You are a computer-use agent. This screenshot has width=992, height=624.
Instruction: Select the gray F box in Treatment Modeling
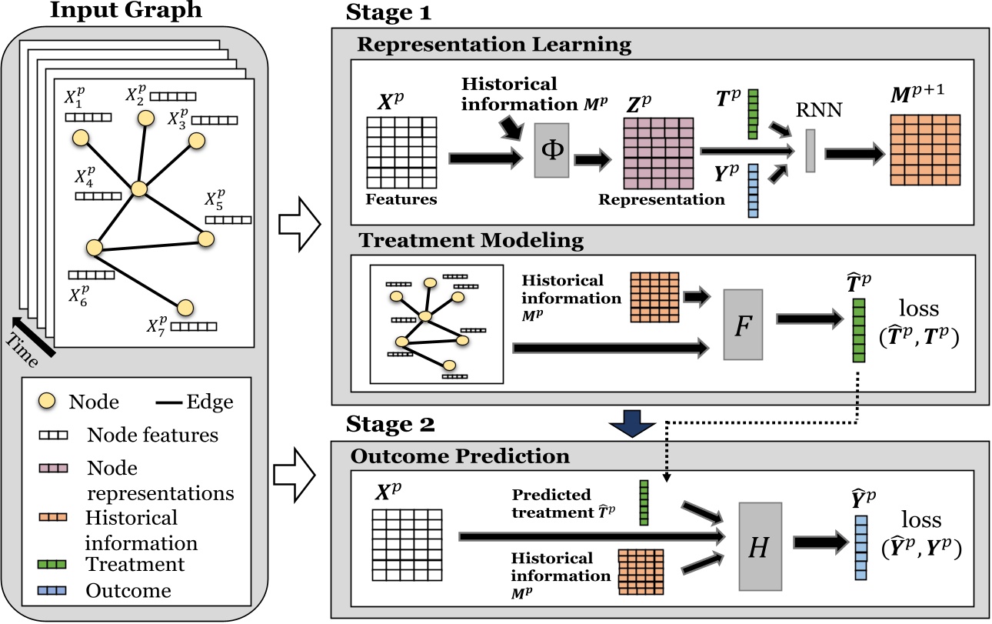(742, 325)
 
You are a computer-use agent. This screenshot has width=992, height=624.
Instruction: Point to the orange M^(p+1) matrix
(926, 149)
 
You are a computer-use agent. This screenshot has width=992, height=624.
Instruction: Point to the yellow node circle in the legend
(47, 401)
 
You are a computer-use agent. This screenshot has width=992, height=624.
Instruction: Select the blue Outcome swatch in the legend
(53, 591)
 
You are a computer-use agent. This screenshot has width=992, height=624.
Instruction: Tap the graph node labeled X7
(185, 308)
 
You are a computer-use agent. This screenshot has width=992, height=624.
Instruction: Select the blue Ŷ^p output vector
(860, 548)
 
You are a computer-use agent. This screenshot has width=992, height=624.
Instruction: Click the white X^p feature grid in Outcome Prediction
(407, 543)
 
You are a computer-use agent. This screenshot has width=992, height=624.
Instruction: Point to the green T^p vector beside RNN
(753, 114)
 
